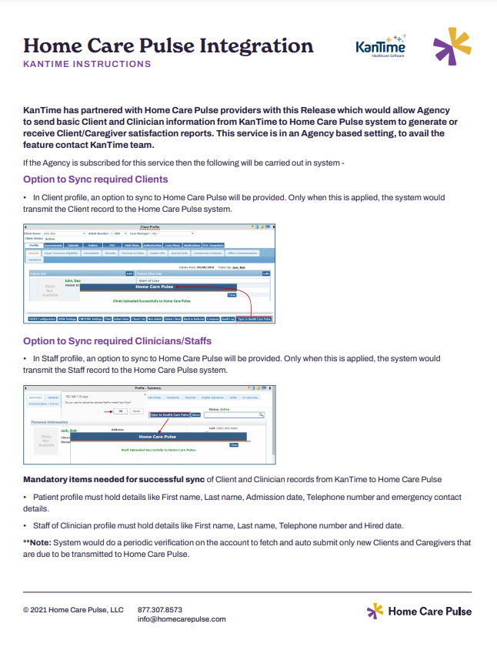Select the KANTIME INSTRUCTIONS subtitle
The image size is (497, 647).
tap(87, 64)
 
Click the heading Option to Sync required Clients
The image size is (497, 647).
tap(95, 179)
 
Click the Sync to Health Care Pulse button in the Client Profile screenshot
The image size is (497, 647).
tap(254, 318)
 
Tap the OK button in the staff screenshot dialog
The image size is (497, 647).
tap(121, 411)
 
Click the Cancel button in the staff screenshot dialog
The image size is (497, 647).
tap(136, 411)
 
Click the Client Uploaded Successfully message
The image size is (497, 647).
tap(152, 301)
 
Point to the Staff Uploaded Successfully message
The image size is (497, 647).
tap(159, 449)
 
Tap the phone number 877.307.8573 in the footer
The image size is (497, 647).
tap(160, 609)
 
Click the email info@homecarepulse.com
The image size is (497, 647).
tap(182, 619)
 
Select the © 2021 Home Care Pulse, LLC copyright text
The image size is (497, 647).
tap(73, 609)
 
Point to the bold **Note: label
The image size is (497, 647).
tap(38, 542)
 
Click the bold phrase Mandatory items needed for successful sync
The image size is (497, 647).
tap(114, 479)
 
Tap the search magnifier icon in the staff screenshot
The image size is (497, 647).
tap(261, 414)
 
